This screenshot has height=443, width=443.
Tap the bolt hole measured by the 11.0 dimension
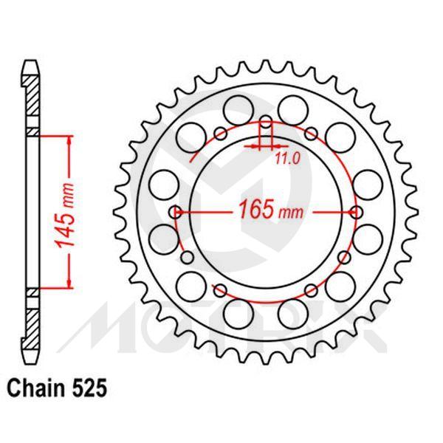[267, 122]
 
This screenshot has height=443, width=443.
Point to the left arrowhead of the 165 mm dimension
[185, 212]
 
